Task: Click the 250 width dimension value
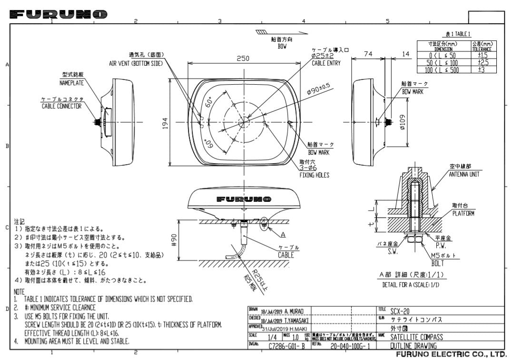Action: click(x=244, y=59)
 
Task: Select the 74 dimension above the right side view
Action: click(x=368, y=54)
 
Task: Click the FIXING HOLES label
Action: click(x=314, y=175)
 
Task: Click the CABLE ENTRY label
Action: click(x=326, y=63)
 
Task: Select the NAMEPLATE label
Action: click(x=71, y=82)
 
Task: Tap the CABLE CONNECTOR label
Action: click(x=62, y=106)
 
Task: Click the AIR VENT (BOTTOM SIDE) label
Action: click(x=136, y=63)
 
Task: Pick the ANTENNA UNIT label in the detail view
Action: click(x=464, y=174)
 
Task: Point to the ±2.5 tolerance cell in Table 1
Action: click(x=483, y=62)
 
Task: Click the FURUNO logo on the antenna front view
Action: click(x=243, y=199)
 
